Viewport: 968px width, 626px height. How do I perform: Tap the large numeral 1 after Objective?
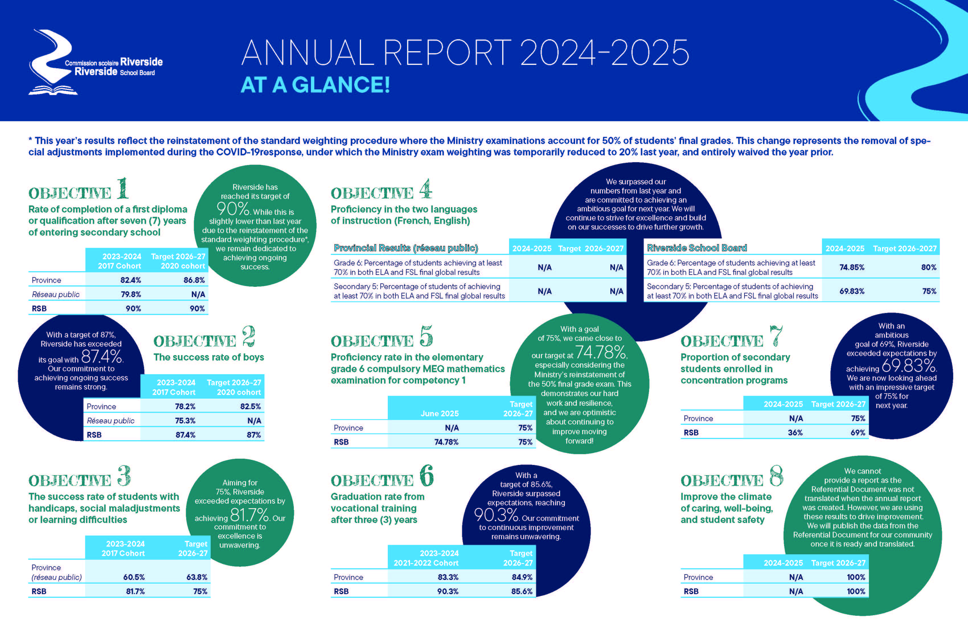tap(122, 188)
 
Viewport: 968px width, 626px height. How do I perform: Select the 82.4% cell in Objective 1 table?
tap(131, 280)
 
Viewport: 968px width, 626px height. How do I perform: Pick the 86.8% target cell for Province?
tap(194, 280)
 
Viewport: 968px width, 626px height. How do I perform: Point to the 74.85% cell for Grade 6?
tap(852, 267)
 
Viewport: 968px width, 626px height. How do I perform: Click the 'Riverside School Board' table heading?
tap(697, 248)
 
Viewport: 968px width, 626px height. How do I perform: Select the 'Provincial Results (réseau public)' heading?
tap(406, 248)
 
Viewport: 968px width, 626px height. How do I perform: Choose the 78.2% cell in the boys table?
tap(185, 407)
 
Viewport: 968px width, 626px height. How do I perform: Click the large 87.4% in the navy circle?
tap(102, 357)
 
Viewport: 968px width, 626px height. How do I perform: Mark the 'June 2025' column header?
tap(440, 413)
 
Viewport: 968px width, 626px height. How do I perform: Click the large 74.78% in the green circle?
tap(601, 352)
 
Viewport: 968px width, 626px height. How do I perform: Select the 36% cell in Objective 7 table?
tap(795, 433)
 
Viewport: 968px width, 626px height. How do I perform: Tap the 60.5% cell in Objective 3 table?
tap(134, 577)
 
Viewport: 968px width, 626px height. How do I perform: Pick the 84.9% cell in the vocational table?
tap(522, 577)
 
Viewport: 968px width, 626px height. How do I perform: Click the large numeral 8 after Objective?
tap(776, 475)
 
